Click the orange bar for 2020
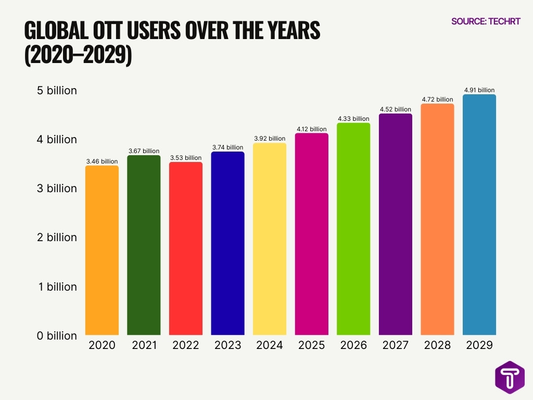click(x=101, y=251)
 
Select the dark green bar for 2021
click(x=144, y=245)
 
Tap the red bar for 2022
click(x=186, y=248)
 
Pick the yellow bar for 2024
click(x=270, y=239)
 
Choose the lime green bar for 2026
click(x=353, y=229)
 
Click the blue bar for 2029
click(x=479, y=215)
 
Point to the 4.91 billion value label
click(x=479, y=90)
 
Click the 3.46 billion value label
click(x=101, y=161)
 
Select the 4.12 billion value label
click(x=311, y=129)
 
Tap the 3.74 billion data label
click(x=227, y=147)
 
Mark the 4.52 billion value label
click(x=395, y=109)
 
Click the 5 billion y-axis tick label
click(x=57, y=91)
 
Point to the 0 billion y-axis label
click(x=57, y=336)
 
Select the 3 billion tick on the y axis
click(x=57, y=189)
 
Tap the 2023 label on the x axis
click(x=227, y=345)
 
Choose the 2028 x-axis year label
click(x=437, y=345)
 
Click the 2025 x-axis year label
click(x=311, y=345)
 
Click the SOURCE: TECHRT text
click(x=486, y=21)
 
